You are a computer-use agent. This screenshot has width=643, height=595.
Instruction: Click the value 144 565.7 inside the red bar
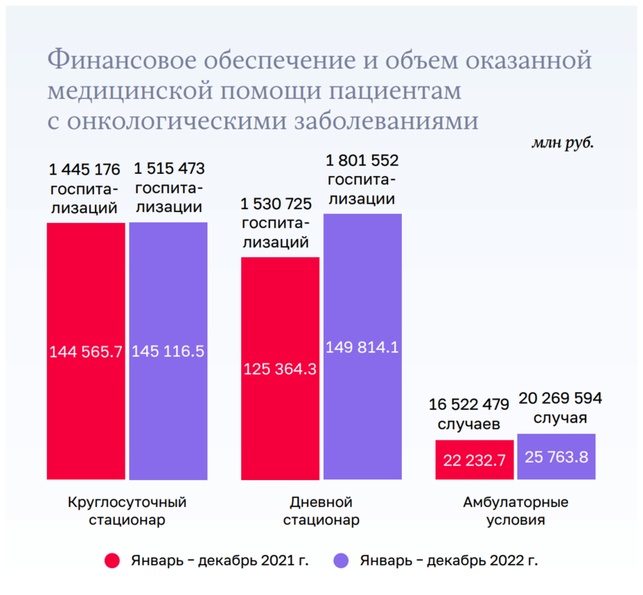[x=86, y=352]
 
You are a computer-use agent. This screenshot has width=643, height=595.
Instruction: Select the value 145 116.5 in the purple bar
[x=168, y=352]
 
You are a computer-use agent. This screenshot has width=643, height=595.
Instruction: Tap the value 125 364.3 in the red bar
[x=280, y=368]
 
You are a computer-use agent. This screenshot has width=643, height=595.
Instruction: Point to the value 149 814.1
[x=363, y=347]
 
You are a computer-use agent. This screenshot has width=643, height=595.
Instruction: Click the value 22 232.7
[x=475, y=459]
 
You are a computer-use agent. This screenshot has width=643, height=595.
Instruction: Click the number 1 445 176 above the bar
[x=84, y=168]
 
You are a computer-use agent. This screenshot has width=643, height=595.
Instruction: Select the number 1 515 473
[x=169, y=168]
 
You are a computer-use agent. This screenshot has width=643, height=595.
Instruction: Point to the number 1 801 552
[x=362, y=161]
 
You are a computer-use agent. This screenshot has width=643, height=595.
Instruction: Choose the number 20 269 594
[x=560, y=398]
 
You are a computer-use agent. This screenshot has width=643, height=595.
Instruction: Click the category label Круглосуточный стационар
[x=127, y=512]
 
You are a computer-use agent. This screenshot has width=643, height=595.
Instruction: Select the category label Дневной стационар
[x=321, y=512]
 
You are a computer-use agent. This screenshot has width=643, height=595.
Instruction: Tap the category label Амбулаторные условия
[x=516, y=512]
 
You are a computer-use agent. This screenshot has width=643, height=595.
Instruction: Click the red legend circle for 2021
[x=113, y=561]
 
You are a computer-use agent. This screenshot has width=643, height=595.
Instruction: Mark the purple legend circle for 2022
[x=341, y=561]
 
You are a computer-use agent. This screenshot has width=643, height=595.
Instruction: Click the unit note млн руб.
[x=563, y=142]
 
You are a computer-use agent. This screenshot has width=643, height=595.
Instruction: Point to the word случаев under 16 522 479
[x=468, y=423]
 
